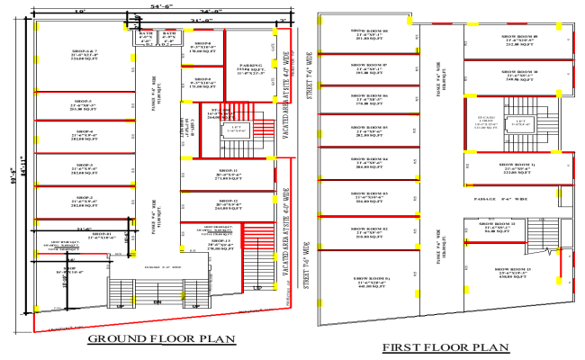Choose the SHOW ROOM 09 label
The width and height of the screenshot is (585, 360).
tap(519, 37)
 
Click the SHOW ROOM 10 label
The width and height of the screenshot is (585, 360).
tap(519, 71)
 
